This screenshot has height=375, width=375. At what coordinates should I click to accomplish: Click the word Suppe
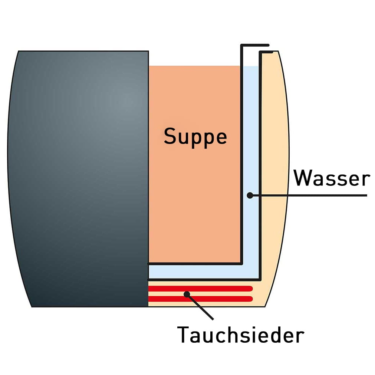tap(195, 137)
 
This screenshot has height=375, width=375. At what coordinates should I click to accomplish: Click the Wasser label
tap(332, 178)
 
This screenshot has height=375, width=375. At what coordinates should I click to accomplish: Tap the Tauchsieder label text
tap(241, 334)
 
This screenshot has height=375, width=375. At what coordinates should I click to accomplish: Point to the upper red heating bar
tap(200, 289)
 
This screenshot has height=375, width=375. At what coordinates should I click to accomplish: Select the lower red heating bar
tap(200, 299)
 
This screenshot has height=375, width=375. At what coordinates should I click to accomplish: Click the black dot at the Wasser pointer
tap(250, 195)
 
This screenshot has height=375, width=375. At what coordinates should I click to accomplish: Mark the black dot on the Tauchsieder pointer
tap(187, 294)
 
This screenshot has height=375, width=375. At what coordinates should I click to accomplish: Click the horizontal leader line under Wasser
tap(309, 195)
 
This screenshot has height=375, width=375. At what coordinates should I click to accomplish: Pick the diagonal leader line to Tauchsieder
tap(200, 307)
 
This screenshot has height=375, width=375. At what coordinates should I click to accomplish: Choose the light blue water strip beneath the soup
tap(203, 272)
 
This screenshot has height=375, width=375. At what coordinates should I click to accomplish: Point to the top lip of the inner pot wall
tap(255, 45)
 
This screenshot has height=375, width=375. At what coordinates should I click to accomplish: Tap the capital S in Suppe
tap(170, 136)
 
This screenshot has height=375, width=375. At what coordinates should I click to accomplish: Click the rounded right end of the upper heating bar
tap(251, 289)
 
